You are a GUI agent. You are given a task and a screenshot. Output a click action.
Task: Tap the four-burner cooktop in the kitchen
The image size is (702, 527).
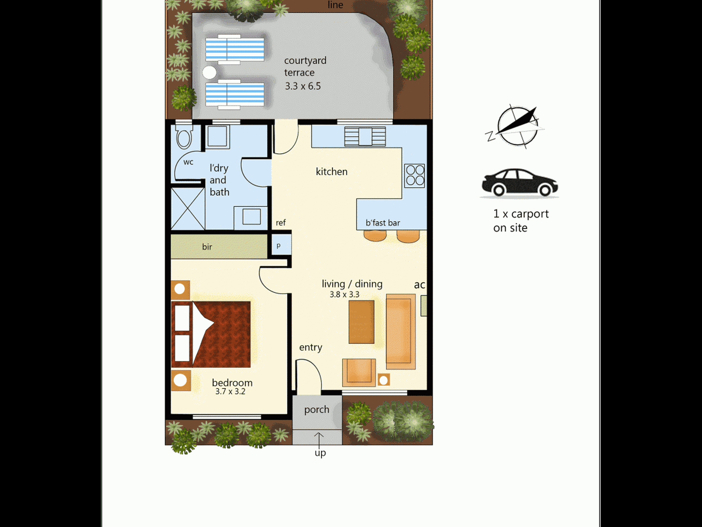(x=415, y=175)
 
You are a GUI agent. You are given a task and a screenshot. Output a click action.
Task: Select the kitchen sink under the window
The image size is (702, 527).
(x=365, y=136)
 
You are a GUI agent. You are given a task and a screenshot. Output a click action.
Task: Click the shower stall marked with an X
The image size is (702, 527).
(x=188, y=209)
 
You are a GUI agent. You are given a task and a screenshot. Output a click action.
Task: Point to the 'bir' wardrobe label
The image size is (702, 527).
(x=207, y=247)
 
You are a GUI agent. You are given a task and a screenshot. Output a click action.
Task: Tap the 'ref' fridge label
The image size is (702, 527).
(x=280, y=222)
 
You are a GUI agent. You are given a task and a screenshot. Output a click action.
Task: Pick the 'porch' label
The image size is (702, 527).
(x=317, y=410)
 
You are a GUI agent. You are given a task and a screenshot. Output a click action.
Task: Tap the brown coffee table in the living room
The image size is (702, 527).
(x=362, y=322)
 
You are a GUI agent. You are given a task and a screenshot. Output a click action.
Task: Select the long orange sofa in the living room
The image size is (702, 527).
(x=401, y=332)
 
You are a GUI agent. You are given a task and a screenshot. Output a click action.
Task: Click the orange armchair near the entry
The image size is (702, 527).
(x=359, y=372)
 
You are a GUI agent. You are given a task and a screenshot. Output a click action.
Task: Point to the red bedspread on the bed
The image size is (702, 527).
(x=221, y=334)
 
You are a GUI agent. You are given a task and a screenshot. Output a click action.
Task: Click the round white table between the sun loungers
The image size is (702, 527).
(x=210, y=73)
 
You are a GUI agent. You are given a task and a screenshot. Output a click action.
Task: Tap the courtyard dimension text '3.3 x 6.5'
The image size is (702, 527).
(x=303, y=86)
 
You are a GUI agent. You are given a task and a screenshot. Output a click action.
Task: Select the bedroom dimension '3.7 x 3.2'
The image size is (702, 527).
(x=230, y=391)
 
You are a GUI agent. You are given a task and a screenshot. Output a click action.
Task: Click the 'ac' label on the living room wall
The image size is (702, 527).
(x=419, y=285)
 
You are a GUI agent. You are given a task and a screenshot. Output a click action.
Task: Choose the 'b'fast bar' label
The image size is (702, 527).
(x=383, y=223)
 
